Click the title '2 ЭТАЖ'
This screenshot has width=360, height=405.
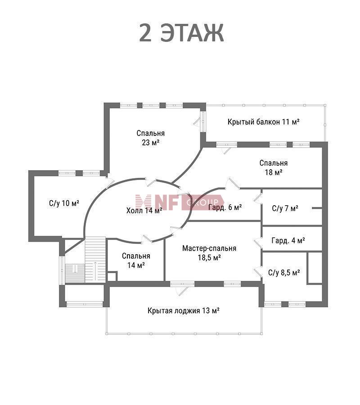coord(181,33)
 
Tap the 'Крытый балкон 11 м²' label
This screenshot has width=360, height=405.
coord(263,121)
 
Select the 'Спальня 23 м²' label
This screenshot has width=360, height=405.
coord(151,138)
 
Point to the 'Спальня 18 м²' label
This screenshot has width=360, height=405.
coord(274,167)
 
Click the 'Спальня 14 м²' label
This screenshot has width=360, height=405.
coord(136,261)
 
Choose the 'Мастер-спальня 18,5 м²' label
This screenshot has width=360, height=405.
coord(209,252)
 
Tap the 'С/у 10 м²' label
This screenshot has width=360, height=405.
coord(64,203)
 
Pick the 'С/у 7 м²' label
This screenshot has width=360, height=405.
coord(285,208)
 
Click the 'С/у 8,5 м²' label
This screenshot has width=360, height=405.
coord(284,273)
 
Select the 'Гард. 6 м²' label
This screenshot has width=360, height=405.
coord(225,207)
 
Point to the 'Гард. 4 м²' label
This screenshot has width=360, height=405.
coord(288,240)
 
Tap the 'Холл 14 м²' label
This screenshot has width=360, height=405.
coord(144,211)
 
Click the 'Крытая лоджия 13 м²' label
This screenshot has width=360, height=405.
coord(184,310)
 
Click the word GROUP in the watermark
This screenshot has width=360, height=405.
coord(202,202)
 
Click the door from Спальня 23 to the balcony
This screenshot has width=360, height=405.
coord(200,120)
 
